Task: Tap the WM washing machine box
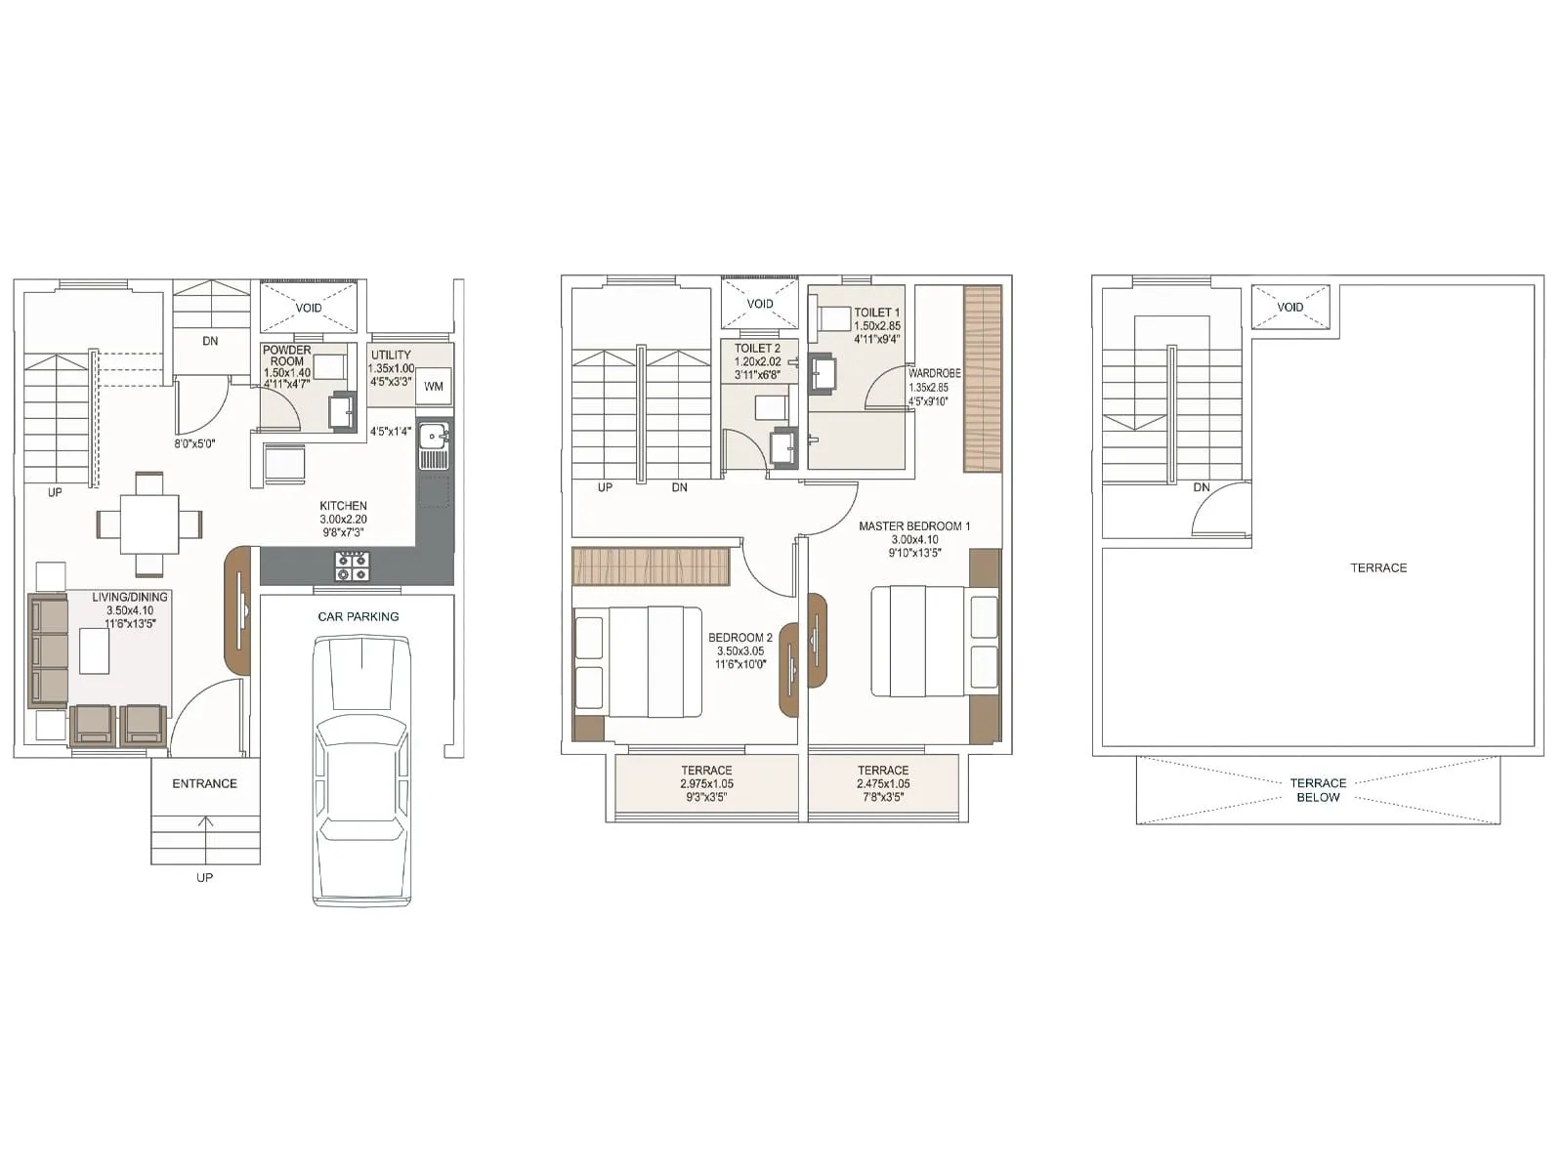point(434,387)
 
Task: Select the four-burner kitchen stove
point(353,565)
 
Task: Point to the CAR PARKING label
point(359,616)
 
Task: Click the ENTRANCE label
point(204,783)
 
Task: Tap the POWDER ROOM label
point(286,356)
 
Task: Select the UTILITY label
point(391,355)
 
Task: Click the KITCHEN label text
point(343,506)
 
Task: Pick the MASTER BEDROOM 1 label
point(914,526)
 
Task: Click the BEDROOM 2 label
point(740,638)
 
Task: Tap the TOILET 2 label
point(757,349)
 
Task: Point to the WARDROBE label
point(934,373)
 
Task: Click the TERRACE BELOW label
point(1318,790)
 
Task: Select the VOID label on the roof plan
point(1290,308)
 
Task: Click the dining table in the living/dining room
point(149,524)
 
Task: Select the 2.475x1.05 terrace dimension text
point(883,784)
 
